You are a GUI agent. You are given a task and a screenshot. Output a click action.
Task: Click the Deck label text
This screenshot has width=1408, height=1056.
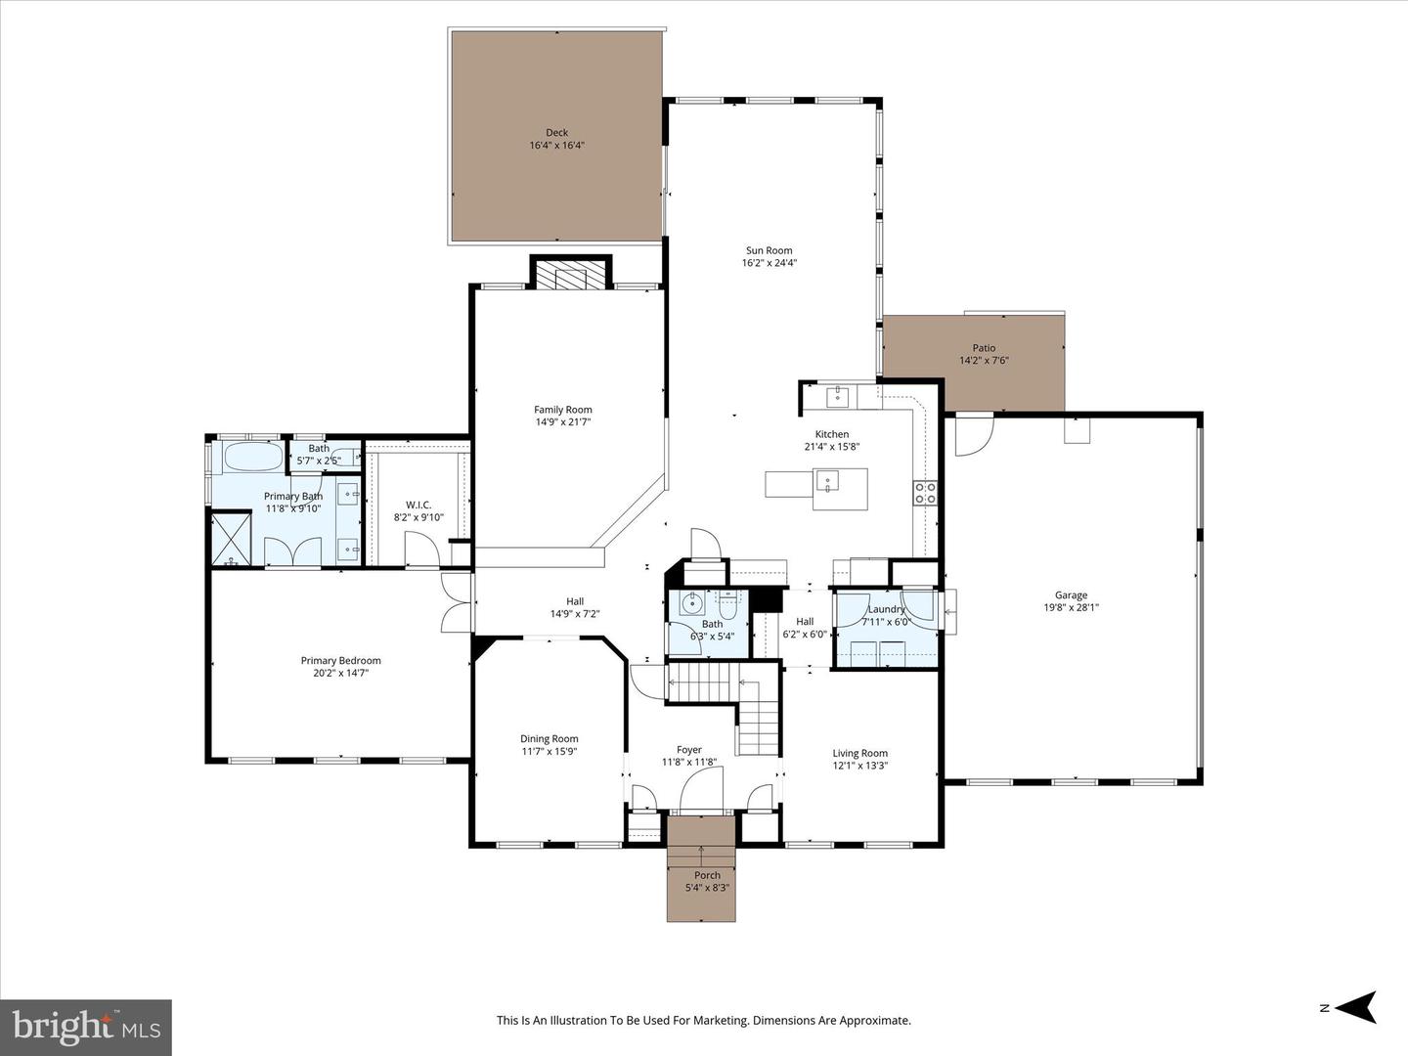click(556, 133)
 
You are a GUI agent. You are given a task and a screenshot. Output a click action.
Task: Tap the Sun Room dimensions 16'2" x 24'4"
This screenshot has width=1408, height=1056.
click(769, 262)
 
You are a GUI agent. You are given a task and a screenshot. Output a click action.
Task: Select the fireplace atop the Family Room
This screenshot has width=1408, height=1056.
click(570, 276)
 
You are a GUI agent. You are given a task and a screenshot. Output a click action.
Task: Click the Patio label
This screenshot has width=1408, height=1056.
click(984, 348)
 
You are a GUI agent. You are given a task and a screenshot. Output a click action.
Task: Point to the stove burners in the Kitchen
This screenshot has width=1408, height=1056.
click(925, 493)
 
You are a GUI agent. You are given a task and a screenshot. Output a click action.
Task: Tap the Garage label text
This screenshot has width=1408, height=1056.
click(1071, 594)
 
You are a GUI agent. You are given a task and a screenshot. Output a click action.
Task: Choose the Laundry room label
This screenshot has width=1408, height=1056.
click(886, 609)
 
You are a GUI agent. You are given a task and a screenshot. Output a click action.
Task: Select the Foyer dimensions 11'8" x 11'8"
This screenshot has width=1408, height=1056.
click(689, 763)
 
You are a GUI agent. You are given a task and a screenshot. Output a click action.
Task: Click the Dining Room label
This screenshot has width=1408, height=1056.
click(549, 739)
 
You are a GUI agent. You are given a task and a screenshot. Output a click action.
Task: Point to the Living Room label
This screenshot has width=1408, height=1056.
click(859, 753)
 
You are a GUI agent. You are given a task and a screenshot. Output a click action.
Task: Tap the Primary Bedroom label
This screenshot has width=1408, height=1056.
click(340, 661)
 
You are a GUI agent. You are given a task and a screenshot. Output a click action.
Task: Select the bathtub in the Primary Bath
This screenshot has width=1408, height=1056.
click(253, 457)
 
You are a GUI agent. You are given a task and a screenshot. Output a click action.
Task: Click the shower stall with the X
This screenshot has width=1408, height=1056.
click(232, 538)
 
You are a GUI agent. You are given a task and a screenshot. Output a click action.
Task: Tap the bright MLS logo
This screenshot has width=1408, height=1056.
click(86, 1027)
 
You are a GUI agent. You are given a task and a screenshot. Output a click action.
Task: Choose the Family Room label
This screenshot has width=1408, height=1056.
click(562, 410)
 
